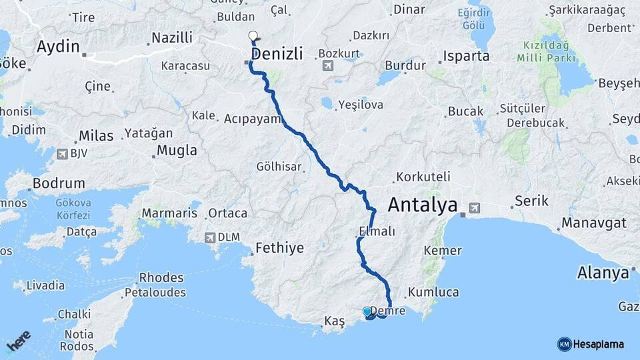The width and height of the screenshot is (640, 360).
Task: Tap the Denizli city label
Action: coord(277,53)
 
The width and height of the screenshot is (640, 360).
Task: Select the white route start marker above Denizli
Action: coord(253,36)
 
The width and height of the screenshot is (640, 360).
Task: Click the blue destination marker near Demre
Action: coord(367,311)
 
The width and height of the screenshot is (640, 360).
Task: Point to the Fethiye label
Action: coord(280,248)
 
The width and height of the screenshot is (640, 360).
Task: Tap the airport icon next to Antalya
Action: coord(474,207)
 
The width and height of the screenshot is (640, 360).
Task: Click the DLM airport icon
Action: coord(211,237)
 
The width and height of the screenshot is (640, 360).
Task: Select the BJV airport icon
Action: coord(62,153)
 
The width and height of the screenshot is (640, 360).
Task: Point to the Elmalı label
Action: coord(377,231)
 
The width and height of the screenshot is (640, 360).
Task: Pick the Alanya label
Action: coord(603,273)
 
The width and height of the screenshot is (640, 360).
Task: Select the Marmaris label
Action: coord(169,213)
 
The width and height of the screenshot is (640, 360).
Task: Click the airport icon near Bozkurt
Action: coord(327,65)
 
